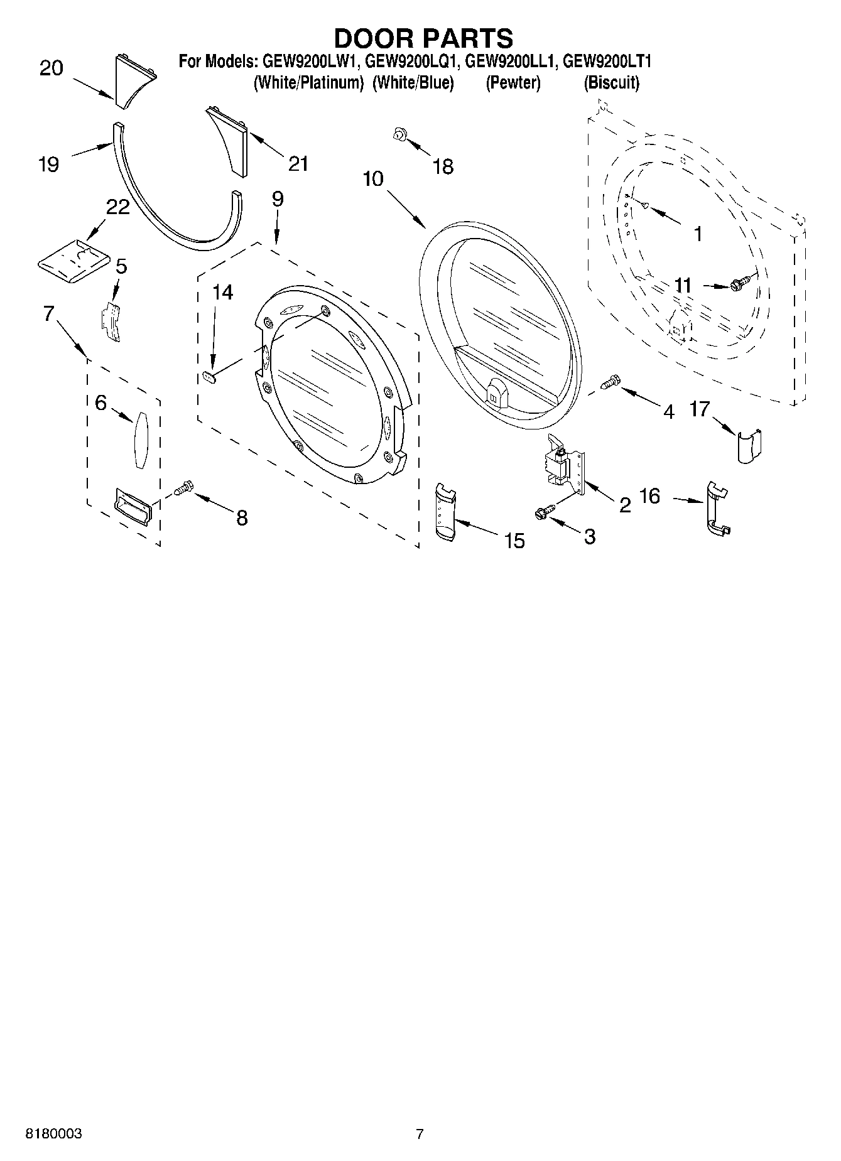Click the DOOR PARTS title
(423, 39)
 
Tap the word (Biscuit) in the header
(611, 83)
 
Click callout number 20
(52, 68)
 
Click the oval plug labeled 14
(210, 376)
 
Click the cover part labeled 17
(749, 445)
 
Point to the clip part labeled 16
(717, 509)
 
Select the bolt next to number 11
(740, 285)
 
